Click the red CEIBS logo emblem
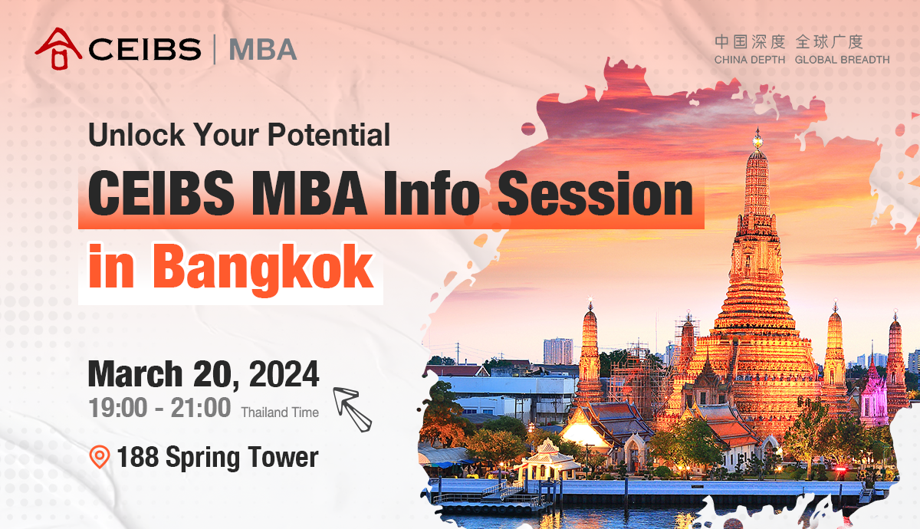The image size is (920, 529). coord(58,48)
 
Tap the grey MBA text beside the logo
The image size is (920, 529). coord(263,50)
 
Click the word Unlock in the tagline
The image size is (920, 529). coord(136,134)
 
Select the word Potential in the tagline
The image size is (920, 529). coord(329,134)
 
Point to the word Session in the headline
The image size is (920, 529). coord(596,193)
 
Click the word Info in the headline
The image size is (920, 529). coord(432,193)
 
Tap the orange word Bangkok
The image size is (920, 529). coord(263,268)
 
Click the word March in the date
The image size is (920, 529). coord(135,374)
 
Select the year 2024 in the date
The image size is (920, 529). coord(284,374)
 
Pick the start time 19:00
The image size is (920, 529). coord(118,407)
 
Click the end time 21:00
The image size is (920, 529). coord(200,407)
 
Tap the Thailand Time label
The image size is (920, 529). coord(280,412)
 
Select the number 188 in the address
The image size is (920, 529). coord(137,456)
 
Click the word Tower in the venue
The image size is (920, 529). coord(283,456)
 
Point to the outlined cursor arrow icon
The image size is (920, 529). coord(352,409)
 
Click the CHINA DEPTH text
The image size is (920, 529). coord(750,60)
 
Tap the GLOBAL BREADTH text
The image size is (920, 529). coord(842,60)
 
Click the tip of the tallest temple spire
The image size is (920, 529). coord(757,128)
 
